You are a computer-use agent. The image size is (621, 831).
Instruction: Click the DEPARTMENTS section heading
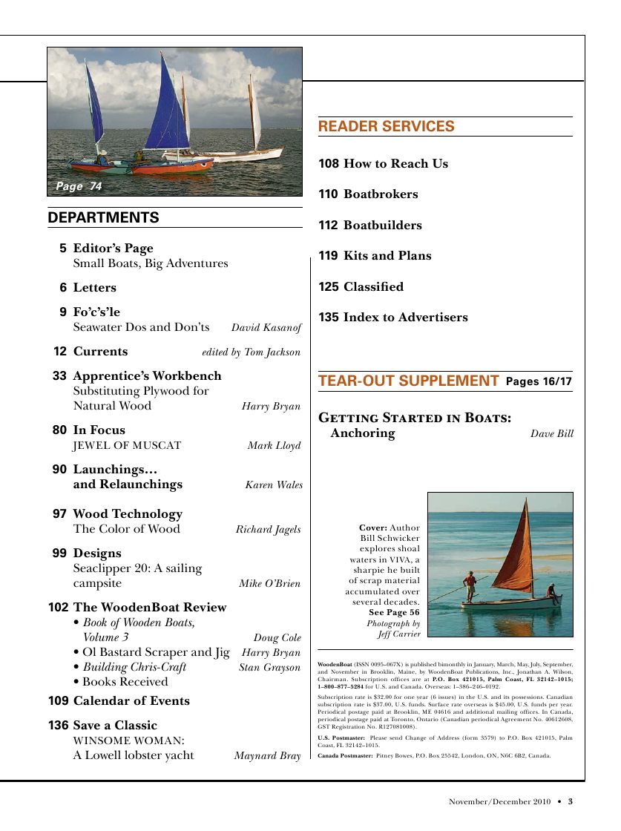(103, 217)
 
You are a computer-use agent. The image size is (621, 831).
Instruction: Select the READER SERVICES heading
(386, 127)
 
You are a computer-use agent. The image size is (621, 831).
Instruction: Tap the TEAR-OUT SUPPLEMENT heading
(408, 381)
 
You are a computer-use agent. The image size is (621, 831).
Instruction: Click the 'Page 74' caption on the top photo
(79, 186)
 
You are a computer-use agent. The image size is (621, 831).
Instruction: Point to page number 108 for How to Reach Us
(329, 164)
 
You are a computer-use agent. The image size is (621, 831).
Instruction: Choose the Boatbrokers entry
(381, 194)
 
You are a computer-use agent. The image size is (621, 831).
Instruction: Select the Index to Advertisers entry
(405, 318)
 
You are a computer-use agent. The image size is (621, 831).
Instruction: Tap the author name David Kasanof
(266, 328)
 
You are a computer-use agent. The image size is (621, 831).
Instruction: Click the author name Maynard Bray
(267, 756)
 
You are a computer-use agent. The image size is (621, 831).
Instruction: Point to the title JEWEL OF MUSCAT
(127, 446)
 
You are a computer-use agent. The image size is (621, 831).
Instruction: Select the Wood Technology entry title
(128, 514)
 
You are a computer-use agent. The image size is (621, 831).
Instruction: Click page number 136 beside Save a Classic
(59, 726)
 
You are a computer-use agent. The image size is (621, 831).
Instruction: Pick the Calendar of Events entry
(131, 701)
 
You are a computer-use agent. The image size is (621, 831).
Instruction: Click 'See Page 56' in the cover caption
(394, 613)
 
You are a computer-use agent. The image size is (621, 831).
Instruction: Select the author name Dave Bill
(551, 434)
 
